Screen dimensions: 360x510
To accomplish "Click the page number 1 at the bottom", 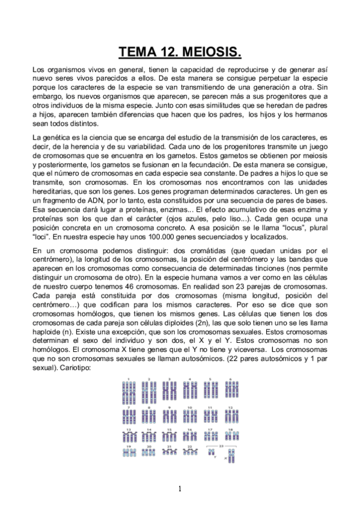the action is (180, 488).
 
